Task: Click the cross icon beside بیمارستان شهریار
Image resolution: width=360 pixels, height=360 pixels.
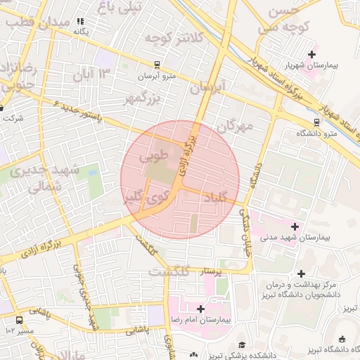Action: (312, 54)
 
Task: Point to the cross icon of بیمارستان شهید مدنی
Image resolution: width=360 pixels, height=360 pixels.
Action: (295, 226)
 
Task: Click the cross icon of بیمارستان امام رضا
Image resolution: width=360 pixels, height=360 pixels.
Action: (201, 308)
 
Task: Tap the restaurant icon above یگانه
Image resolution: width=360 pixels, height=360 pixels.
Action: (81, 21)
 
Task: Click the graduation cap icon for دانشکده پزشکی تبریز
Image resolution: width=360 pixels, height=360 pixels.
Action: (243, 345)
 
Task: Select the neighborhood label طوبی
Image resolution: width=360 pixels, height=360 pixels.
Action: (155, 153)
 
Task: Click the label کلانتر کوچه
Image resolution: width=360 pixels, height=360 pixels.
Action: (159, 39)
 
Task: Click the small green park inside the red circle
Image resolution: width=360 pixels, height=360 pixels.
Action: (194, 224)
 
